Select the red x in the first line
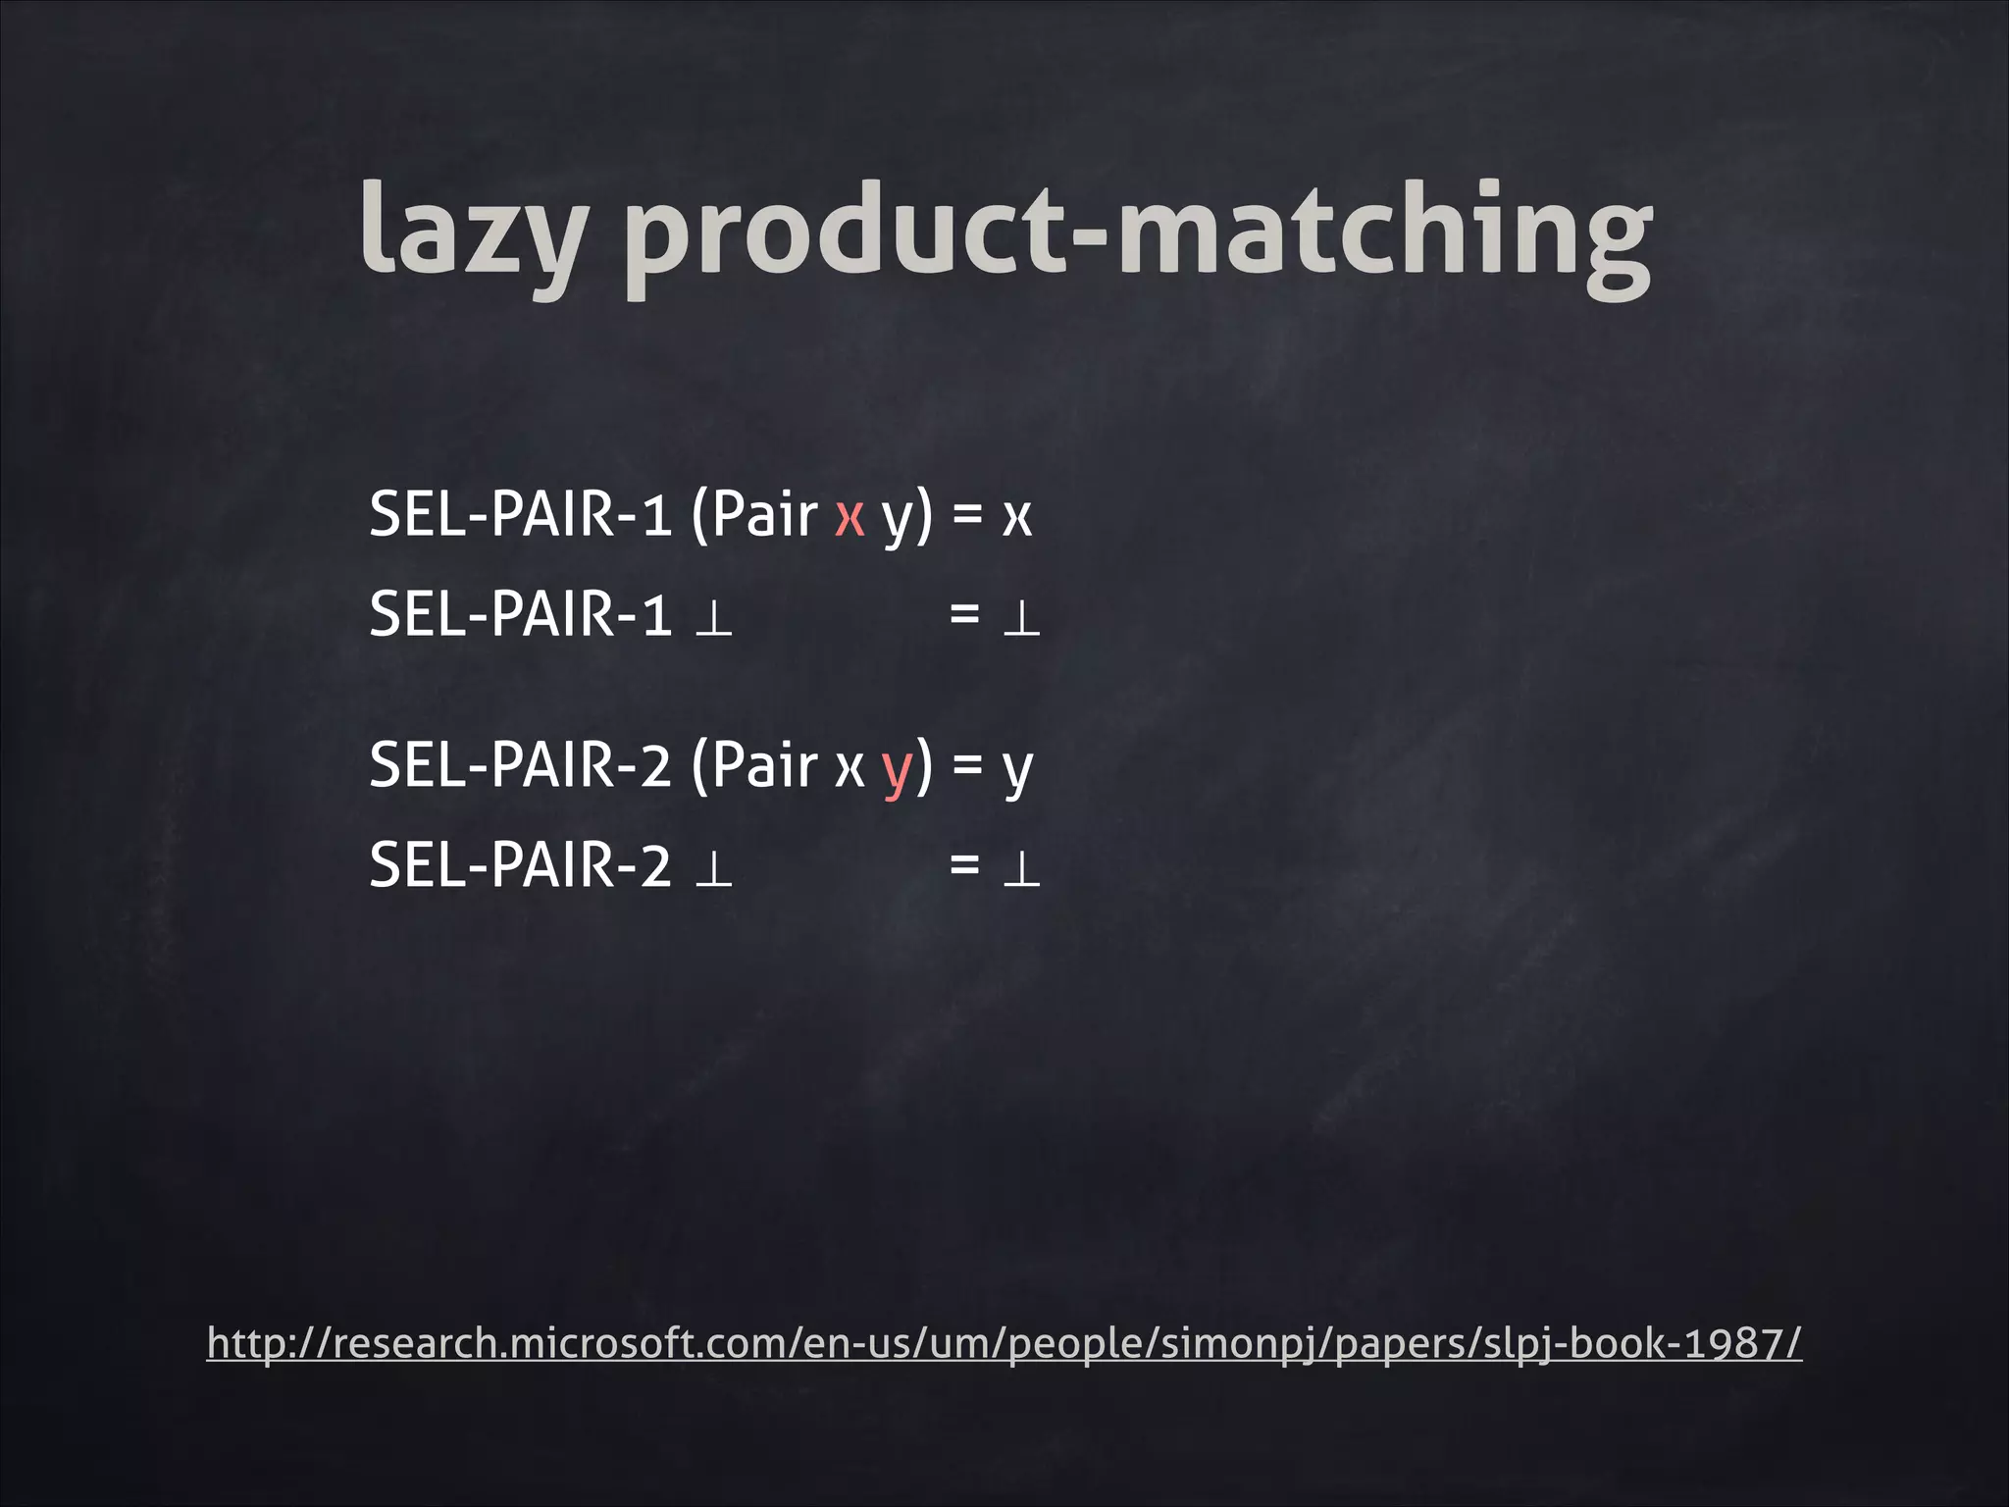coord(849,516)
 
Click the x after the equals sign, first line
coord(1017,516)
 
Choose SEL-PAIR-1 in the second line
coord(520,614)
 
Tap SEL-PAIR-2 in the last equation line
coord(520,866)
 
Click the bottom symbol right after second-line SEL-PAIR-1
coord(713,620)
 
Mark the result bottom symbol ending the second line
coord(1020,620)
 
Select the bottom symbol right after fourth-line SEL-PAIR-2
coord(713,870)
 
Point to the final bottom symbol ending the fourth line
coord(1020,870)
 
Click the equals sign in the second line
coord(964,615)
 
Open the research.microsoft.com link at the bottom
coord(1004,1343)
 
